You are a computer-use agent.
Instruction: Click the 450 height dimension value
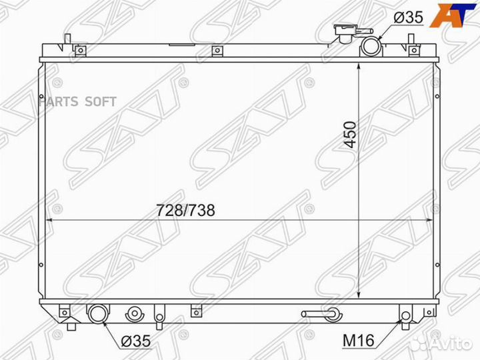(350, 135)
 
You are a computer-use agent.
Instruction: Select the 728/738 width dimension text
(185, 210)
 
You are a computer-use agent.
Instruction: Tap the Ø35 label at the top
(409, 17)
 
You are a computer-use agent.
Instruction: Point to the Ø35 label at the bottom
(136, 341)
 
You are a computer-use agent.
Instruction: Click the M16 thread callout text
(359, 341)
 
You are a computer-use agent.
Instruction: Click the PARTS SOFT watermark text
(77, 101)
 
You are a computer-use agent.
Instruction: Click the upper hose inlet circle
(371, 47)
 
